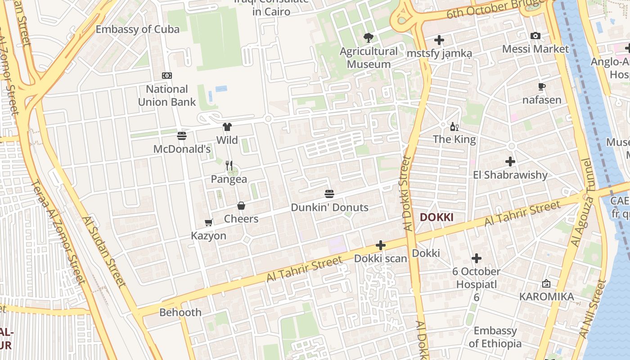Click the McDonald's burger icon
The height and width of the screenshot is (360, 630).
pos(182,135)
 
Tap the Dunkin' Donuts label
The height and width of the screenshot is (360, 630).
pos(329,207)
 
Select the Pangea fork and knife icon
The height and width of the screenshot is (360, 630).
pos(229,166)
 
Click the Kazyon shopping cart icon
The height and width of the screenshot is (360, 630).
pos(208,222)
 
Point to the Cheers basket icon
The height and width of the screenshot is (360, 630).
pos(241,206)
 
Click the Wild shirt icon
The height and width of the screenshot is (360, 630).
pos(227,127)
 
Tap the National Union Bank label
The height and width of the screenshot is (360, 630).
pos(167,95)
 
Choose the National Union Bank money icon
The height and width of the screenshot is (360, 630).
pos(167,76)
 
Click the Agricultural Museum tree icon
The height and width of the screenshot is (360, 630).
pos(369,38)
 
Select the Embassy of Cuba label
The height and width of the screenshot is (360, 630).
pos(138,29)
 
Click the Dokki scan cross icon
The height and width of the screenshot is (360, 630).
pos(381,245)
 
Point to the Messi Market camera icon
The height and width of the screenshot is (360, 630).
pos(535,36)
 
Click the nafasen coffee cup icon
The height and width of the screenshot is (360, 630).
pos(542,87)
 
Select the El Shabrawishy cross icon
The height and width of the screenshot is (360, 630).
pos(510,161)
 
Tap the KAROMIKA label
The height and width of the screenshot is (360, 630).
pos(546,297)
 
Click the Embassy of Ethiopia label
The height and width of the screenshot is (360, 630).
pos(495,337)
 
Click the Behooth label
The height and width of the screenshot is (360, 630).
pos(180,312)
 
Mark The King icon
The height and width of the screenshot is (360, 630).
pos(454,127)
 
